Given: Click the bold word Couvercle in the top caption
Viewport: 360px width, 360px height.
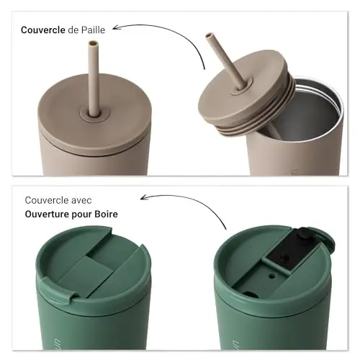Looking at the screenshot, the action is (x=43, y=30).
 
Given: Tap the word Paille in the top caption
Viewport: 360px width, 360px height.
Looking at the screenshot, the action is (x=93, y=30).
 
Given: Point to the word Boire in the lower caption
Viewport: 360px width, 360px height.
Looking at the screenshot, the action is (x=106, y=214).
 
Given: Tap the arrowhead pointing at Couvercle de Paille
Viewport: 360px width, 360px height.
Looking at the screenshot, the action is (x=117, y=27).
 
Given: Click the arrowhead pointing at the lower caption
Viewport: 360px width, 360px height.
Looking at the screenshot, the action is (x=145, y=197).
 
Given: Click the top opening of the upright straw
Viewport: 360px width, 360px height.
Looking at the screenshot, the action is (x=93, y=44).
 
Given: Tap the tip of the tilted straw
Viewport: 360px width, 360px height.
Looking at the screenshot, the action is (x=209, y=35).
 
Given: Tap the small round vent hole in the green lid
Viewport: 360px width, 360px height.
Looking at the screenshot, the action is (x=271, y=276).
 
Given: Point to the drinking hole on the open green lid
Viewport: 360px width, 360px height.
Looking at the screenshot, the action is (x=250, y=294).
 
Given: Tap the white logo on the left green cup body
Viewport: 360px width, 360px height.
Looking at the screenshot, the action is (x=57, y=343).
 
